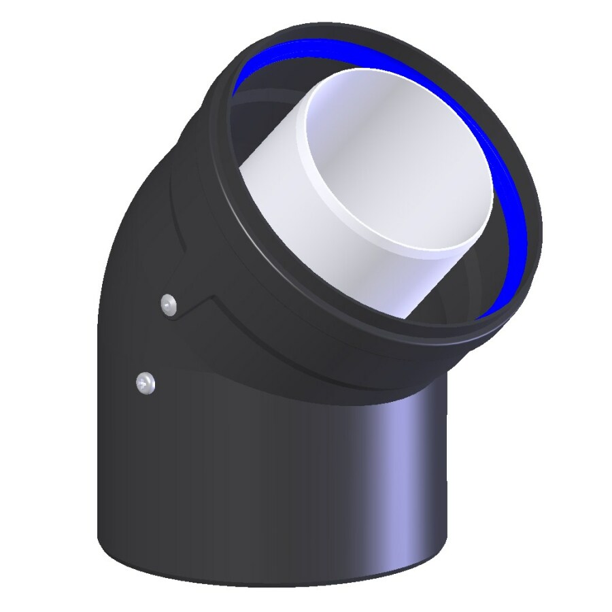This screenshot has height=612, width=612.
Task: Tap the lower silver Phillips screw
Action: pyautogui.click(x=145, y=384)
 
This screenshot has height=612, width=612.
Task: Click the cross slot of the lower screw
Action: pyautogui.click(x=145, y=384)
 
